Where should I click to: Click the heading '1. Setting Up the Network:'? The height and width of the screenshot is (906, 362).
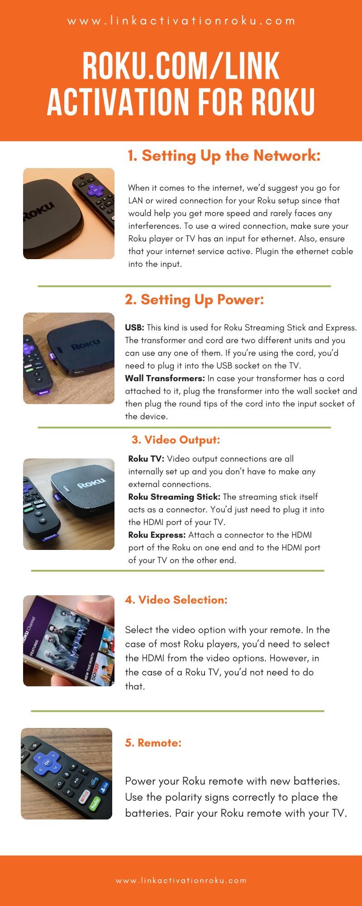pyautogui.click(x=224, y=156)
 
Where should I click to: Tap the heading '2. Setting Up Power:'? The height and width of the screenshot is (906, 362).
pyautogui.click(x=194, y=300)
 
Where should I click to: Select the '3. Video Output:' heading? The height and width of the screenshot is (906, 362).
pyautogui.click(x=176, y=440)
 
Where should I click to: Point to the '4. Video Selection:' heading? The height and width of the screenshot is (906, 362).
pyautogui.click(x=176, y=600)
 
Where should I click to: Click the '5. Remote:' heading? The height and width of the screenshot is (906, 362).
pyautogui.click(x=153, y=743)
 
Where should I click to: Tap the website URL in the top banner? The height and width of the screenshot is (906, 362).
pyautogui.click(x=181, y=21)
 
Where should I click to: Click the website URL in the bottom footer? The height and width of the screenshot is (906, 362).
pyautogui.click(x=181, y=881)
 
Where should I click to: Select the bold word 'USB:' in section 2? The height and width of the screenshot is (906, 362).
pyautogui.click(x=134, y=328)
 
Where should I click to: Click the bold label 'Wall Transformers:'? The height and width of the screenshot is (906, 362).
pyautogui.click(x=165, y=378)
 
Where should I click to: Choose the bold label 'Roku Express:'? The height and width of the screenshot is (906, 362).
pyautogui.click(x=157, y=535)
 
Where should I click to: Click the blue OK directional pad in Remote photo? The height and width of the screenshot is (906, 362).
pyautogui.click(x=48, y=762)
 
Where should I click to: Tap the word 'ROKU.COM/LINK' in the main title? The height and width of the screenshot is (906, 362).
pyautogui.click(x=181, y=67)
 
